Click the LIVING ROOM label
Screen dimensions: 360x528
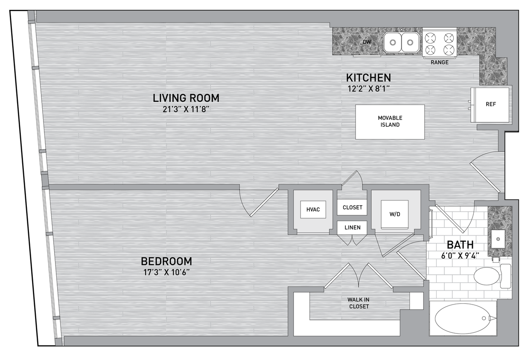pyautogui.click(x=186, y=98)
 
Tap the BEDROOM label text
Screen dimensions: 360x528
pyautogui.click(x=166, y=261)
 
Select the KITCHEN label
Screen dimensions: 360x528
pyautogui.click(x=368, y=78)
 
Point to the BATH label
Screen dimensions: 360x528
pyautogui.click(x=460, y=245)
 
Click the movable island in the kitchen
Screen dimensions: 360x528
pyautogui.click(x=390, y=122)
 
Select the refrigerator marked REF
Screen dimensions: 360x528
pyautogui.click(x=490, y=104)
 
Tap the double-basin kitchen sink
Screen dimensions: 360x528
pyautogui.click(x=401, y=42)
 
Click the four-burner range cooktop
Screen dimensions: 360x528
pyautogui.click(x=439, y=43)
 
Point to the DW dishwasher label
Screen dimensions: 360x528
pyautogui.click(x=366, y=42)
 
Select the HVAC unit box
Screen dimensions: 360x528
pyautogui.click(x=313, y=209)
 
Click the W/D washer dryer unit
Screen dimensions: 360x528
pyautogui.click(x=395, y=214)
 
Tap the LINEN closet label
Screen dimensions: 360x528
pyautogui.click(x=352, y=227)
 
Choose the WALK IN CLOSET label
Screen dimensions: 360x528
pyautogui.click(x=359, y=303)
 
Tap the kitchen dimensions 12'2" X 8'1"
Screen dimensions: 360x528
pyautogui.click(x=368, y=89)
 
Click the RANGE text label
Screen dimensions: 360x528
pyautogui.click(x=439, y=62)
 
